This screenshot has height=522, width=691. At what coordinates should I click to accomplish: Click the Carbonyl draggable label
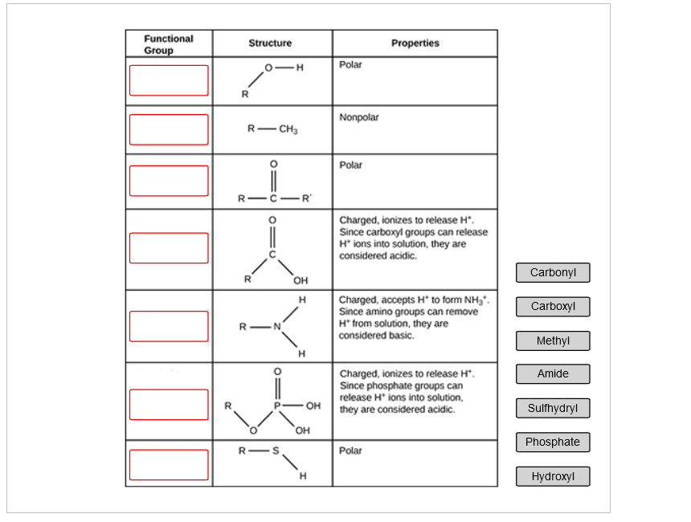tap(553, 272)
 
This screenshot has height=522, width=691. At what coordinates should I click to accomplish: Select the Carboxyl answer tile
tap(553, 306)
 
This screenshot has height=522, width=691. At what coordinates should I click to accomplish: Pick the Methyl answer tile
tap(553, 341)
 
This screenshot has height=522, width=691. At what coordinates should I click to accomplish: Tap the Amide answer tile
tap(553, 373)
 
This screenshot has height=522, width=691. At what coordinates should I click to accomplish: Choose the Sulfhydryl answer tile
tap(553, 408)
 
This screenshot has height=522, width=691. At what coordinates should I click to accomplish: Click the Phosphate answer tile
tap(553, 442)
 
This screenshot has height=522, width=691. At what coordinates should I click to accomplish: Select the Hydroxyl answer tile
tap(553, 476)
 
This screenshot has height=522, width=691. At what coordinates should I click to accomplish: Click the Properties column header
tap(415, 43)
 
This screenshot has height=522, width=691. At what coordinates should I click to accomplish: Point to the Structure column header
tap(270, 43)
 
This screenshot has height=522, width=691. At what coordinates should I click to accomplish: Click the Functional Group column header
tap(169, 44)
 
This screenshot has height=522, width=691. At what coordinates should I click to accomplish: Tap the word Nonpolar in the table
tap(359, 117)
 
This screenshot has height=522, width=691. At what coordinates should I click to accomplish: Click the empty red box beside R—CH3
tap(169, 129)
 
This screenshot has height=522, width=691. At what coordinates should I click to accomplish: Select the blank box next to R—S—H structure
tap(169, 464)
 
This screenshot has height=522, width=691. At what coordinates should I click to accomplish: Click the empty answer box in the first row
tap(169, 80)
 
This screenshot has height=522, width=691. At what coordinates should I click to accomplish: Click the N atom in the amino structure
tap(276, 327)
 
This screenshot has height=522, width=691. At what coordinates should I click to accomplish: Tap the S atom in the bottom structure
tap(276, 451)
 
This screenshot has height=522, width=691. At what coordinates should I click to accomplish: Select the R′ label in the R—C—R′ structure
tap(307, 198)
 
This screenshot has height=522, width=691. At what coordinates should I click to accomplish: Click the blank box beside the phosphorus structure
tap(169, 404)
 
